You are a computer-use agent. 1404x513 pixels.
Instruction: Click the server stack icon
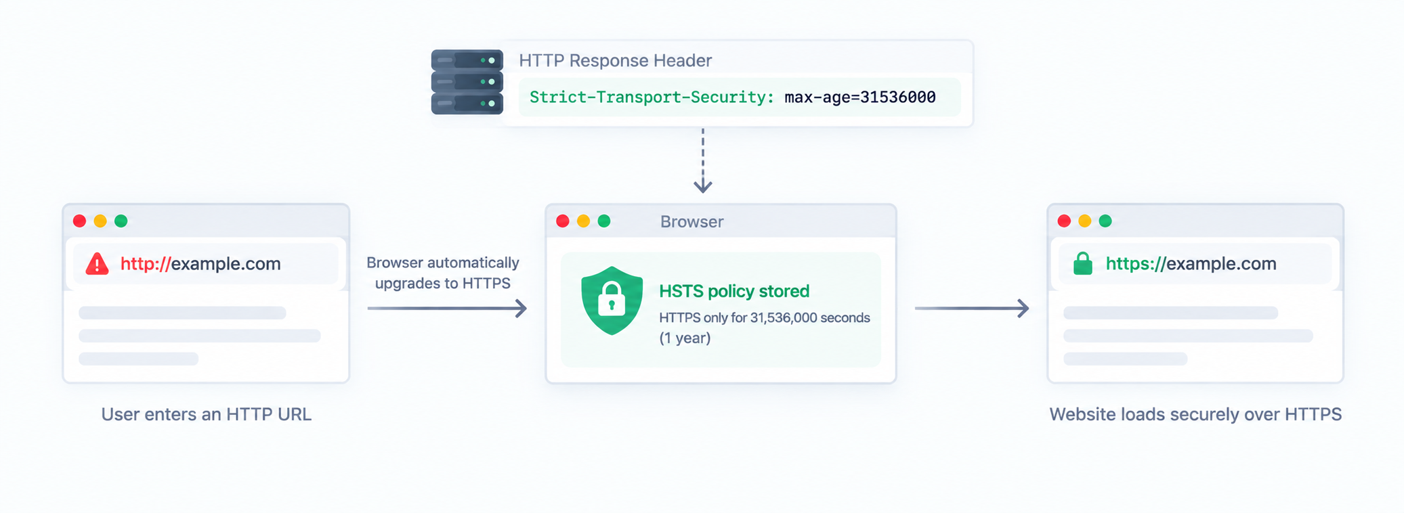point(467,82)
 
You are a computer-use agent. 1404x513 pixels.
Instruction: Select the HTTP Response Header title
point(615,61)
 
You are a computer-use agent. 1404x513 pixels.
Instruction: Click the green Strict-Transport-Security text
point(652,97)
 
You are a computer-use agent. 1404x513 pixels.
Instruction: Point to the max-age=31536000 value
point(860,97)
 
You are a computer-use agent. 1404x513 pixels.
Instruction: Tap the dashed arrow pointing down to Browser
point(703,160)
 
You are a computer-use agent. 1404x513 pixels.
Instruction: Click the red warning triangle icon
point(98,263)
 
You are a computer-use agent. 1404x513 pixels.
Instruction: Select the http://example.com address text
point(200,263)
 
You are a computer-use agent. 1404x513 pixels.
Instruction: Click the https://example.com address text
point(1191,263)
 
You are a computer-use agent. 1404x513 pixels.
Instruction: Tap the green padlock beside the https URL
point(1083,263)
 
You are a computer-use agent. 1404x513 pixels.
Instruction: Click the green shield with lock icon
point(612,300)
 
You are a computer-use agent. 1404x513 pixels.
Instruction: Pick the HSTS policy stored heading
point(734,291)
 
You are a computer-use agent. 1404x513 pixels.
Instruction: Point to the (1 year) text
point(685,338)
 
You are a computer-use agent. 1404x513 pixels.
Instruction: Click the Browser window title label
point(692,221)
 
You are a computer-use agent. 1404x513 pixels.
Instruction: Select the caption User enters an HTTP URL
point(207,414)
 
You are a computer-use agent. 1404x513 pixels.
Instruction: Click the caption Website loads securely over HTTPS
point(1195,414)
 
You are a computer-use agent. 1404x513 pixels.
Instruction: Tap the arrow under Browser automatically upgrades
point(447,309)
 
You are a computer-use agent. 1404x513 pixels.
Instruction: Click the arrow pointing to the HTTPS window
point(972,309)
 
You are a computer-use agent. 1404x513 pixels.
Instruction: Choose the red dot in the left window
point(79,221)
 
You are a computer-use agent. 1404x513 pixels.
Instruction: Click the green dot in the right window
point(1105,221)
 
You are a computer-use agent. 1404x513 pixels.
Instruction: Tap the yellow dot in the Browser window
point(583,221)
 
